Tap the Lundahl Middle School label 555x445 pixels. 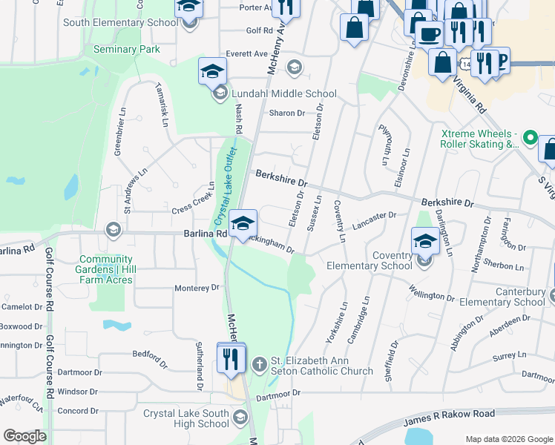click(284, 94)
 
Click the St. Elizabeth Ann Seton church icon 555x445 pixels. click(259, 364)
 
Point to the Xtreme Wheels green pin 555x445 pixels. click(530, 138)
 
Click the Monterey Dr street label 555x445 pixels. click(197, 288)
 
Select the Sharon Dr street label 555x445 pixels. click(287, 113)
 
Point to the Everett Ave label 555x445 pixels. click(247, 54)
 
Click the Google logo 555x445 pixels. click(25, 436)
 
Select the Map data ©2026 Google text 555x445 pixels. click(509, 439)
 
